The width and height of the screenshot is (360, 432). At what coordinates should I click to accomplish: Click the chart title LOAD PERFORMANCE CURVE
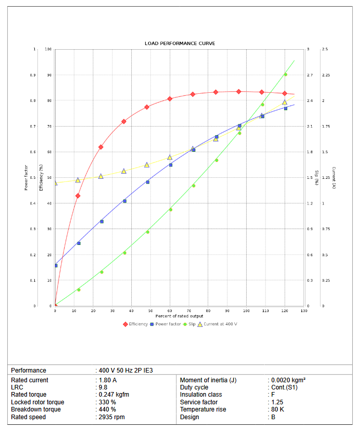point(179,44)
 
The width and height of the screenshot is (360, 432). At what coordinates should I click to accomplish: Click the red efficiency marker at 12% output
point(78,196)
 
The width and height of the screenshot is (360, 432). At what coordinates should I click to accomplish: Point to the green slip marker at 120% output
point(286,75)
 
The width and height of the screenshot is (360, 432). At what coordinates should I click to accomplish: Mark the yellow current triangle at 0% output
point(55,183)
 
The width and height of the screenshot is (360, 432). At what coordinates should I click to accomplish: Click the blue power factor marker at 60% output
point(170,165)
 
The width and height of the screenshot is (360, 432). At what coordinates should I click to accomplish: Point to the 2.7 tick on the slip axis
point(310,75)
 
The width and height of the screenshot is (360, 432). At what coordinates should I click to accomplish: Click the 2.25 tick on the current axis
point(326,75)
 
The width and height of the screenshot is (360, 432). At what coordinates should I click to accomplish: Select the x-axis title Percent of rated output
point(179,316)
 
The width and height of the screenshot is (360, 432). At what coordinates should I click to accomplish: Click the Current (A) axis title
point(334,178)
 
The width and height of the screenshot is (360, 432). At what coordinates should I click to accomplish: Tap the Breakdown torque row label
point(36,409)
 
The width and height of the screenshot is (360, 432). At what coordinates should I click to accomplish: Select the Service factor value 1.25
point(277,402)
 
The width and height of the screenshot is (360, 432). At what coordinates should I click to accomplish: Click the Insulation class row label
point(201,395)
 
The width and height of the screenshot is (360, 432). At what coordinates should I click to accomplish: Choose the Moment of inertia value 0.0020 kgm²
point(289,380)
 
